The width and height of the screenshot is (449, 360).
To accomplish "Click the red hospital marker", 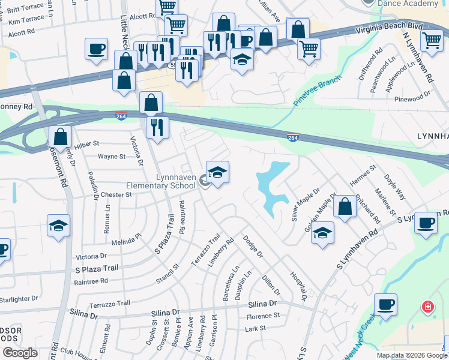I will coord(427,307).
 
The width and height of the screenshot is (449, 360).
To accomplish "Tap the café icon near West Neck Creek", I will coord(385,304).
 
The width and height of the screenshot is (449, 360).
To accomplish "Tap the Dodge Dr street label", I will coord(253,247).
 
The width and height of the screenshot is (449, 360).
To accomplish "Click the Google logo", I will coord(20,353).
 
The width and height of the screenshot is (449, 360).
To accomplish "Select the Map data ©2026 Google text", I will coord(411,355).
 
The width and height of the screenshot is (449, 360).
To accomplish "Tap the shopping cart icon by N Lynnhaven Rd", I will coord(432,41).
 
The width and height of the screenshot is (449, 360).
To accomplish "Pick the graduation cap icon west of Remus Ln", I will coord(58,226).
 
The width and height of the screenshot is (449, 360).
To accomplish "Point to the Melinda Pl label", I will coord(126,242).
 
